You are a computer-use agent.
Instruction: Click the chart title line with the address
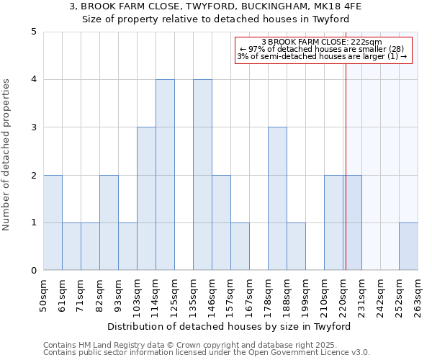coord(216,6)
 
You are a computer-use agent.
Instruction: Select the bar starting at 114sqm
coord(165,175)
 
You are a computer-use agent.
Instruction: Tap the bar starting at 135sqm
coord(202,175)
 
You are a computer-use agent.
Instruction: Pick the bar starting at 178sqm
coord(277,199)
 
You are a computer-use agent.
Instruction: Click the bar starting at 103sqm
coord(146,199)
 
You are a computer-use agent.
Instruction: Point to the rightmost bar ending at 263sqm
coord(408,247)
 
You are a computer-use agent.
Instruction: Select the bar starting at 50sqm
coord(53,222)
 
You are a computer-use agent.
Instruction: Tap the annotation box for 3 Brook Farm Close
coord(322,50)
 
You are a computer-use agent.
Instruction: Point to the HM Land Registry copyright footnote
coord(206,345)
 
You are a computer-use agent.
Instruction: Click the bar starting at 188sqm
coord(296,247)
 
